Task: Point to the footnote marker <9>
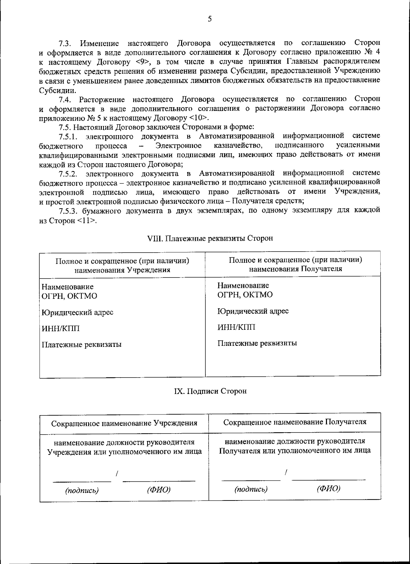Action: click(x=143, y=62)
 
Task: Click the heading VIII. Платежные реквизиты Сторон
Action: click(x=210, y=238)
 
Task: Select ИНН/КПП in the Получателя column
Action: click(x=236, y=327)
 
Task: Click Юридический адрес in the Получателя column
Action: click(x=253, y=311)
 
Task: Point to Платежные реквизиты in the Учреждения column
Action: click(x=81, y=344)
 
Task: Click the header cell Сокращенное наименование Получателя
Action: click(x=295, y=422)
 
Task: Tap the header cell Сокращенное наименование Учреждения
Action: click(x=124, y=423)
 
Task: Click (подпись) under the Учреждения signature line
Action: click(x=82, y=491)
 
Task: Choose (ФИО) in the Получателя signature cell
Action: click(x=328, y=489)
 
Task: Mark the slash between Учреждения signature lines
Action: click(x=117, y=474)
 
